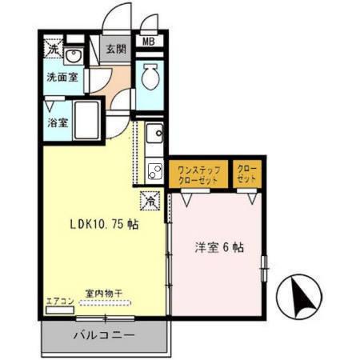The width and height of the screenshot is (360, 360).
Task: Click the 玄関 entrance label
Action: click(116, 48)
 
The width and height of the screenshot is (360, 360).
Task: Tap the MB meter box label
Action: click(149, 42)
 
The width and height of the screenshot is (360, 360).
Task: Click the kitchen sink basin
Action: click(155, 133)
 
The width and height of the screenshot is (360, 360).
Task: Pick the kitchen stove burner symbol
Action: click(154, 170)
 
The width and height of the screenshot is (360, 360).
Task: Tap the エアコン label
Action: click(60, 301)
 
